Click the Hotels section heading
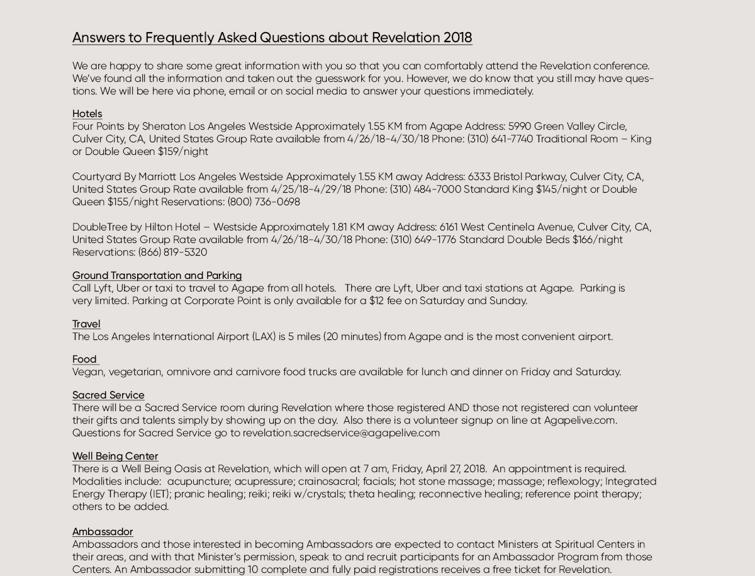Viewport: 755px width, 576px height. tap(87, 114)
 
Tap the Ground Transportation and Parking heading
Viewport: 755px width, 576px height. tap(157, 276)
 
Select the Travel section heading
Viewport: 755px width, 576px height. tap(86, 324)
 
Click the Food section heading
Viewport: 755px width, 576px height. tap(84, 359)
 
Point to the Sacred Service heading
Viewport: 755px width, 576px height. tap(108, 395)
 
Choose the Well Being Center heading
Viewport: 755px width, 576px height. tap(115, 456)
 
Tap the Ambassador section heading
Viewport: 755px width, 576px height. tap(103, 532)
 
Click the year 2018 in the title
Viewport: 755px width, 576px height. tap(457, 38)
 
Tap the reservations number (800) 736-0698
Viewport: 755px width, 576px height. tap(264, 202)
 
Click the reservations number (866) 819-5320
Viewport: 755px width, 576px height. tap(172, 252)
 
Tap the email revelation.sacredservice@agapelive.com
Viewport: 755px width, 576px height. tap(341, 433)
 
